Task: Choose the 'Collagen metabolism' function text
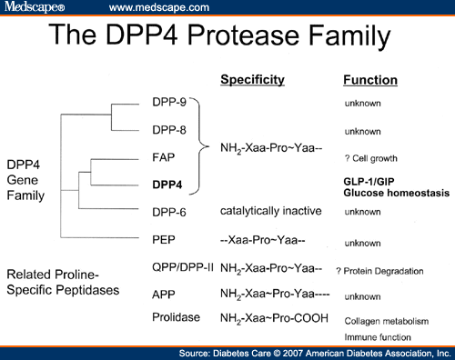[x=385, y=321]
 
